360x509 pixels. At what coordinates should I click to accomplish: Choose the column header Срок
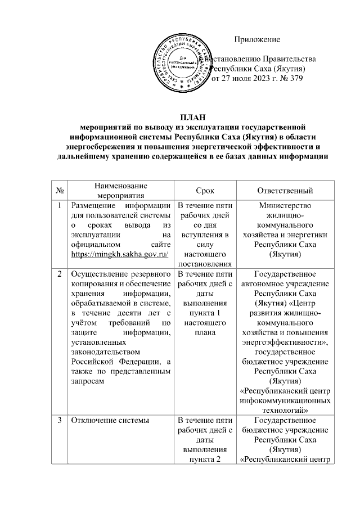(x=205, y=191)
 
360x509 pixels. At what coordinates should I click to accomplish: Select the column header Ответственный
(x=285, y=191)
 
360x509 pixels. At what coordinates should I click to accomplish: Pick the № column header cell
(x=59, y=191)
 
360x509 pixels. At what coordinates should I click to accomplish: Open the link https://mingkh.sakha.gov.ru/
(x=120, y=255)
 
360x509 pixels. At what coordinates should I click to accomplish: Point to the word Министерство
(x=285, y=206)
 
